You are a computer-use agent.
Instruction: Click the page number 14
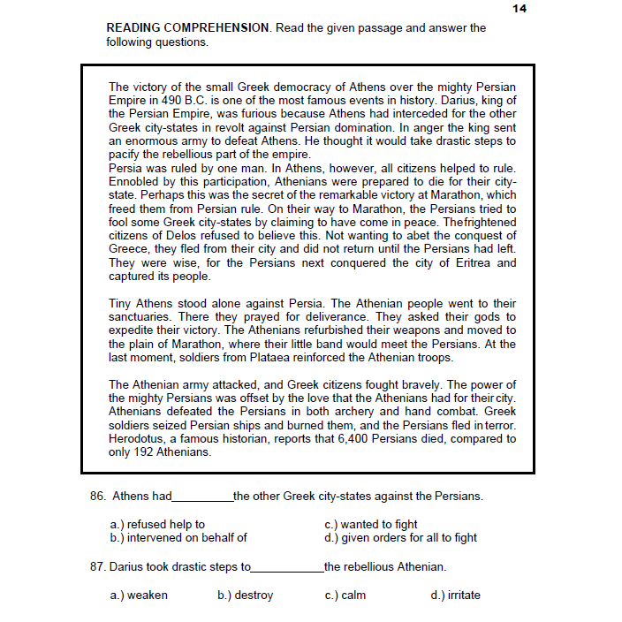(x=519, y=8)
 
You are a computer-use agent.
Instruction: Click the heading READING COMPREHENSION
(x=187, y=28)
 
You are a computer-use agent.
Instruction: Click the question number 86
(x=97, y=497)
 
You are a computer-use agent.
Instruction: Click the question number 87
(x=97, y=567)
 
